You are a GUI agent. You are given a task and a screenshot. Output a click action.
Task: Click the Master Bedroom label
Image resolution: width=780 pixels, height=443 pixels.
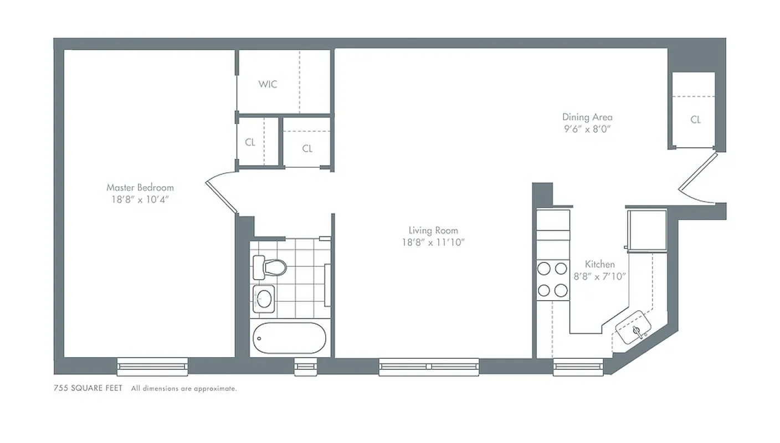click(x=140, y=188)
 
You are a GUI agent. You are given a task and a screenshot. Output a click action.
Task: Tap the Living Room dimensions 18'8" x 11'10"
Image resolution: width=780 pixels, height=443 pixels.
click(x=433, y=242)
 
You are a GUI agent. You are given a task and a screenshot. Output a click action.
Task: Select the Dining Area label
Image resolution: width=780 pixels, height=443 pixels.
click(x=587, y=117)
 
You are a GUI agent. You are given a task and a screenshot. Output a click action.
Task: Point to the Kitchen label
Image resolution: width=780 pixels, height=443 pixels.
click(x=599, y=265)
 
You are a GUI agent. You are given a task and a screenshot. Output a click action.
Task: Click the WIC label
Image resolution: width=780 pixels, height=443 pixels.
click(x=268, y=84)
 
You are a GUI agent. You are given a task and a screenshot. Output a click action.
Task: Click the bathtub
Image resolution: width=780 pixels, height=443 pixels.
click(x=289, y=338)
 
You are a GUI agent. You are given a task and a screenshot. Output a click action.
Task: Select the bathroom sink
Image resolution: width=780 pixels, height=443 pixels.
click(x=263, y=299)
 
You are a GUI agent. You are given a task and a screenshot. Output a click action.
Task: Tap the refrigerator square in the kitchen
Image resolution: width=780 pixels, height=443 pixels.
click(x=646, y=229)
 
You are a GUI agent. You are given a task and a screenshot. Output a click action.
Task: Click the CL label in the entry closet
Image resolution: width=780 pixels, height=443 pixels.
click(x=695, y=120)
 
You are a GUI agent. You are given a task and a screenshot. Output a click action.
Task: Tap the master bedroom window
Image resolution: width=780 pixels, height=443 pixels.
click(x=152, y=366)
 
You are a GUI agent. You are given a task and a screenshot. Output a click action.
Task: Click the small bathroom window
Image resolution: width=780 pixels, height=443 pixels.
click(x=304, y=366)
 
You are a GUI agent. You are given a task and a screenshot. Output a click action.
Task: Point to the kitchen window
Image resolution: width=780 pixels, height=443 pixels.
click(x=578, y=366)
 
